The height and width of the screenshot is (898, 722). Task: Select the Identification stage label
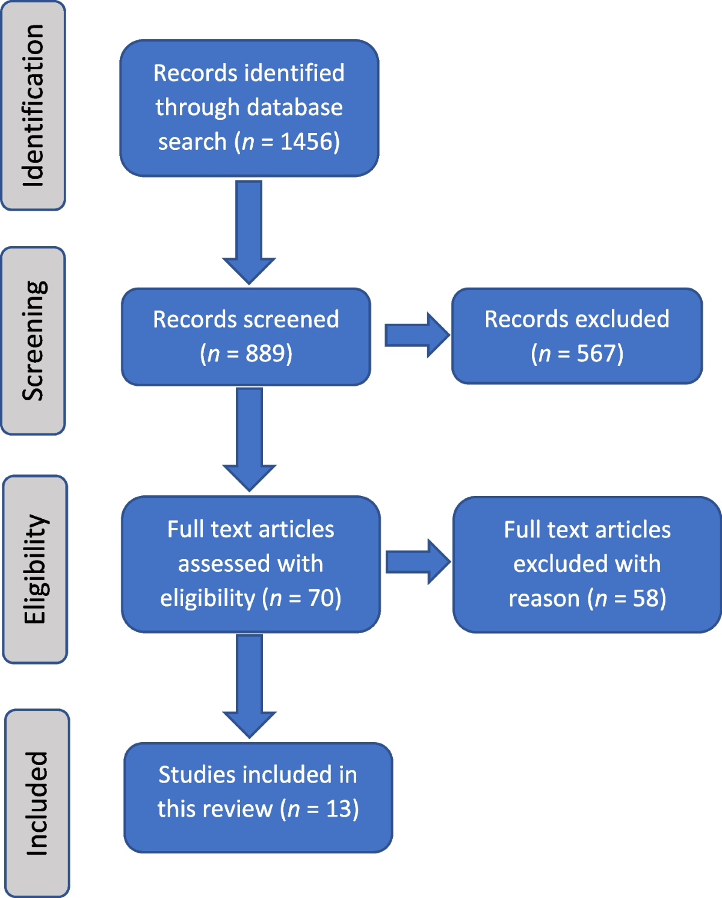33,105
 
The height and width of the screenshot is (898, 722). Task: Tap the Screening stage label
34,341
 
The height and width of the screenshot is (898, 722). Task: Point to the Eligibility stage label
36,569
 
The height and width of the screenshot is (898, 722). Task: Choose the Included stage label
37,804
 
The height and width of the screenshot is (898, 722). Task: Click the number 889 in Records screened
263,353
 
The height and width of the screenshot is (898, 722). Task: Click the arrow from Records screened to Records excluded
417,335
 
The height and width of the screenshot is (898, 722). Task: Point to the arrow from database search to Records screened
249,232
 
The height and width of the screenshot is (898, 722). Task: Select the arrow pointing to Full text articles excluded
418,562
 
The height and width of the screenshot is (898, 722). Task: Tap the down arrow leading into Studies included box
250,686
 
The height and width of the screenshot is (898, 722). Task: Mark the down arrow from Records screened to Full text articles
250,440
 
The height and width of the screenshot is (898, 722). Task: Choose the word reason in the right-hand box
545,599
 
